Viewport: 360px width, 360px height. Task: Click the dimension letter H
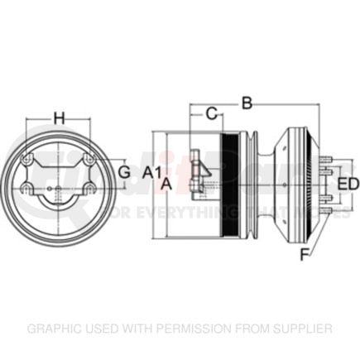(59, 118)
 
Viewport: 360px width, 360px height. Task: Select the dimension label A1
(151, 172)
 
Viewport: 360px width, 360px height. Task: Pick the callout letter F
(304, 255)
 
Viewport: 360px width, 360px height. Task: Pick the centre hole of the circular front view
(59, 189)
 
